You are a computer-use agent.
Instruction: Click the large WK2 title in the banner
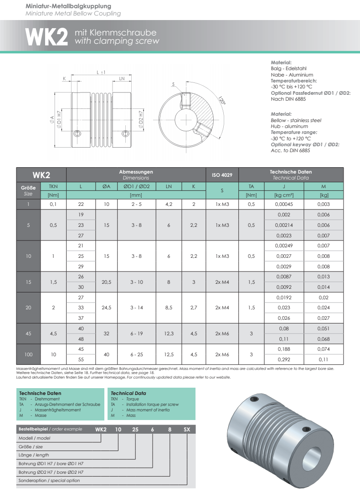click(x=46, y=38)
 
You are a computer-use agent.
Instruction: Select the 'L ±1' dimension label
click(x=101, y=72)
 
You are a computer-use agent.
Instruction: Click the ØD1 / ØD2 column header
click(x=137, y=186)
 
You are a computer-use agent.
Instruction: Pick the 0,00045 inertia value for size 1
click(x=278, y=205)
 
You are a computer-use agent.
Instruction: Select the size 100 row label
click(x=28, y=354)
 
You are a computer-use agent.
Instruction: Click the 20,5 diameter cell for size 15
click(x=107, y=282)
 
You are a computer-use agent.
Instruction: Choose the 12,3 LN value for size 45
click(x=169, y=333)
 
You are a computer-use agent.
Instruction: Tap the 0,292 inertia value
click(x=278, y=359)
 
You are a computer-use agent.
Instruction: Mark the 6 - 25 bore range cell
click(x=137, y=354)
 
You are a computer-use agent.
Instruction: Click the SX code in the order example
click(x=187, y=429)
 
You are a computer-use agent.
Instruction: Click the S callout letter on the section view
click(x=174, y=84)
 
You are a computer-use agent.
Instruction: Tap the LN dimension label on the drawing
click(x=122, y=78)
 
